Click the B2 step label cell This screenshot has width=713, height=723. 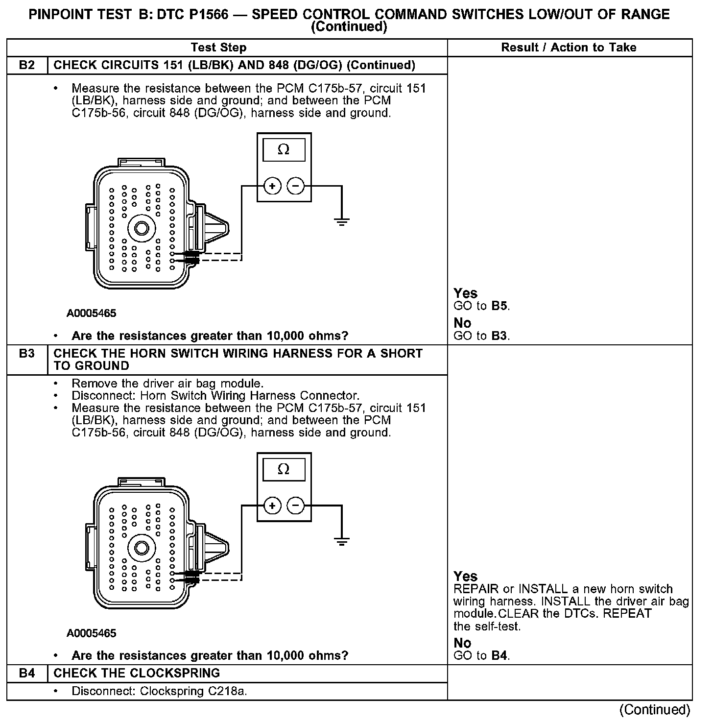(x=27, y=65)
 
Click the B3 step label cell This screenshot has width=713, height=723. (x=27, y=354)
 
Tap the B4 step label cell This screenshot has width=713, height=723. (x=27, y=673)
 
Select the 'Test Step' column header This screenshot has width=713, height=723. (x=218, y=48)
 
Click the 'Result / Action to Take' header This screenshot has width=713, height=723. (x=569, y=48)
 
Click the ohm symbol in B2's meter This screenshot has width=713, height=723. (x=284, y=150)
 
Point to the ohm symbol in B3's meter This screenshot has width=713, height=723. (x=284, y=469)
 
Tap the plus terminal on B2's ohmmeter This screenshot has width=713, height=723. (x=272, y=186)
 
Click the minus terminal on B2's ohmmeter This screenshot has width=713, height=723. (x=295, y=186)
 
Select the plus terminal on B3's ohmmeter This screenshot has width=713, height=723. (x=272, y=506)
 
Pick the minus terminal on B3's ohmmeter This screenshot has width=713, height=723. (x=295, y=506)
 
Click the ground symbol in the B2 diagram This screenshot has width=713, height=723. (x=341, y=221)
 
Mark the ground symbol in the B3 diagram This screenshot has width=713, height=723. (x=341, y=541)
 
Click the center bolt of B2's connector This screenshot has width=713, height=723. (x=142, y=228)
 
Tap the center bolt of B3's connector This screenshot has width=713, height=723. (x=142, y=548)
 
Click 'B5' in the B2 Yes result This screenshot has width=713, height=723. (x=499, y=306)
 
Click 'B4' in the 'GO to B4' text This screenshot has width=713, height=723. (x=499, y=655)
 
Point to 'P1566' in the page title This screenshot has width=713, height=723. (x=205, y=14)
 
